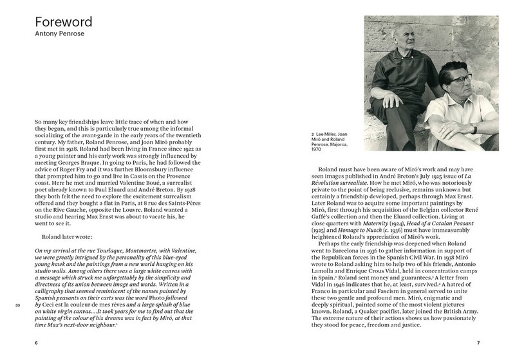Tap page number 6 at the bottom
click(35, 343)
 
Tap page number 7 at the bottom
click(479, 343)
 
